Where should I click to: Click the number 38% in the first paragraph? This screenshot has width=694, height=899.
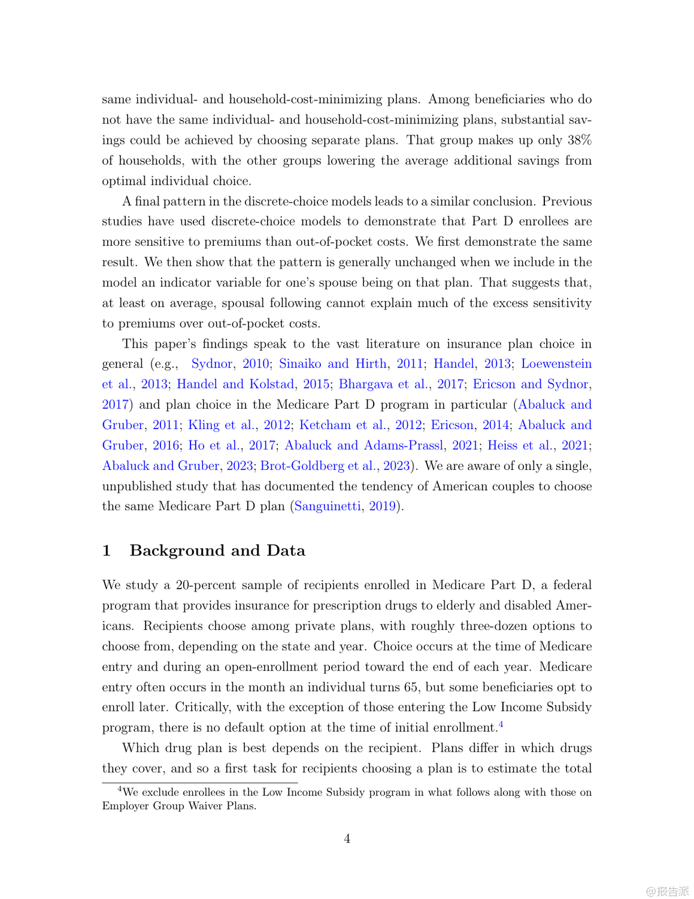pyautogui.click(x=579, y=140)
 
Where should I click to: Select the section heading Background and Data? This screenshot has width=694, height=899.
pyautogui.click(x=217, y=551)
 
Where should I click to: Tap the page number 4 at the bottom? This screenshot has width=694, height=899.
pyautogui.click(x=347, y=839)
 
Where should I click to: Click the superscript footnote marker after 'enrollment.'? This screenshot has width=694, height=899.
pyautogui.click(x=501, y=725)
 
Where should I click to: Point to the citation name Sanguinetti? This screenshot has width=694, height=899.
pyautogui.click(x=328, y=506)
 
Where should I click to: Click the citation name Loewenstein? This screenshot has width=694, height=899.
pyautogui.click(x=556, y=364)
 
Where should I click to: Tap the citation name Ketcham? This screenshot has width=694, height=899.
pyautogui.click(x=325, y=425)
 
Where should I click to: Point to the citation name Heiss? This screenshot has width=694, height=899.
pyautogui.click(x=502, y=445)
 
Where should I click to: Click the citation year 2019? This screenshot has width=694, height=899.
pyautogui.click(x=383, y=506)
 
